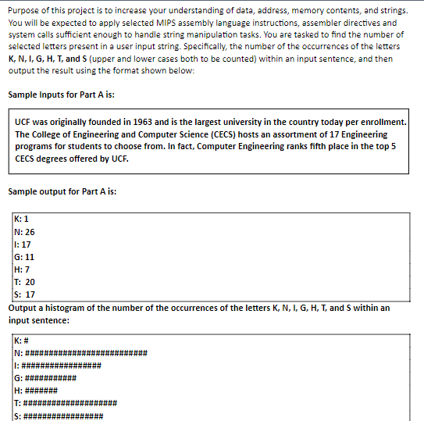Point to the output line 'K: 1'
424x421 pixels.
pos(22,219)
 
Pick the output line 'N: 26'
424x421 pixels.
pos(24,231)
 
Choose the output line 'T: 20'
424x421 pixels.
pos(24,282)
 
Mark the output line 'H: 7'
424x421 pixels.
pos(22,269)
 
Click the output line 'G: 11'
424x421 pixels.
pos(24,256)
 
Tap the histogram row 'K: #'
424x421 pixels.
pos(23,341)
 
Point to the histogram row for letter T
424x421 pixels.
pos(66,403)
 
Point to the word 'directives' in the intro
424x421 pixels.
pos(363,23)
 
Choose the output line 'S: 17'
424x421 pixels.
pos(24,294)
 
